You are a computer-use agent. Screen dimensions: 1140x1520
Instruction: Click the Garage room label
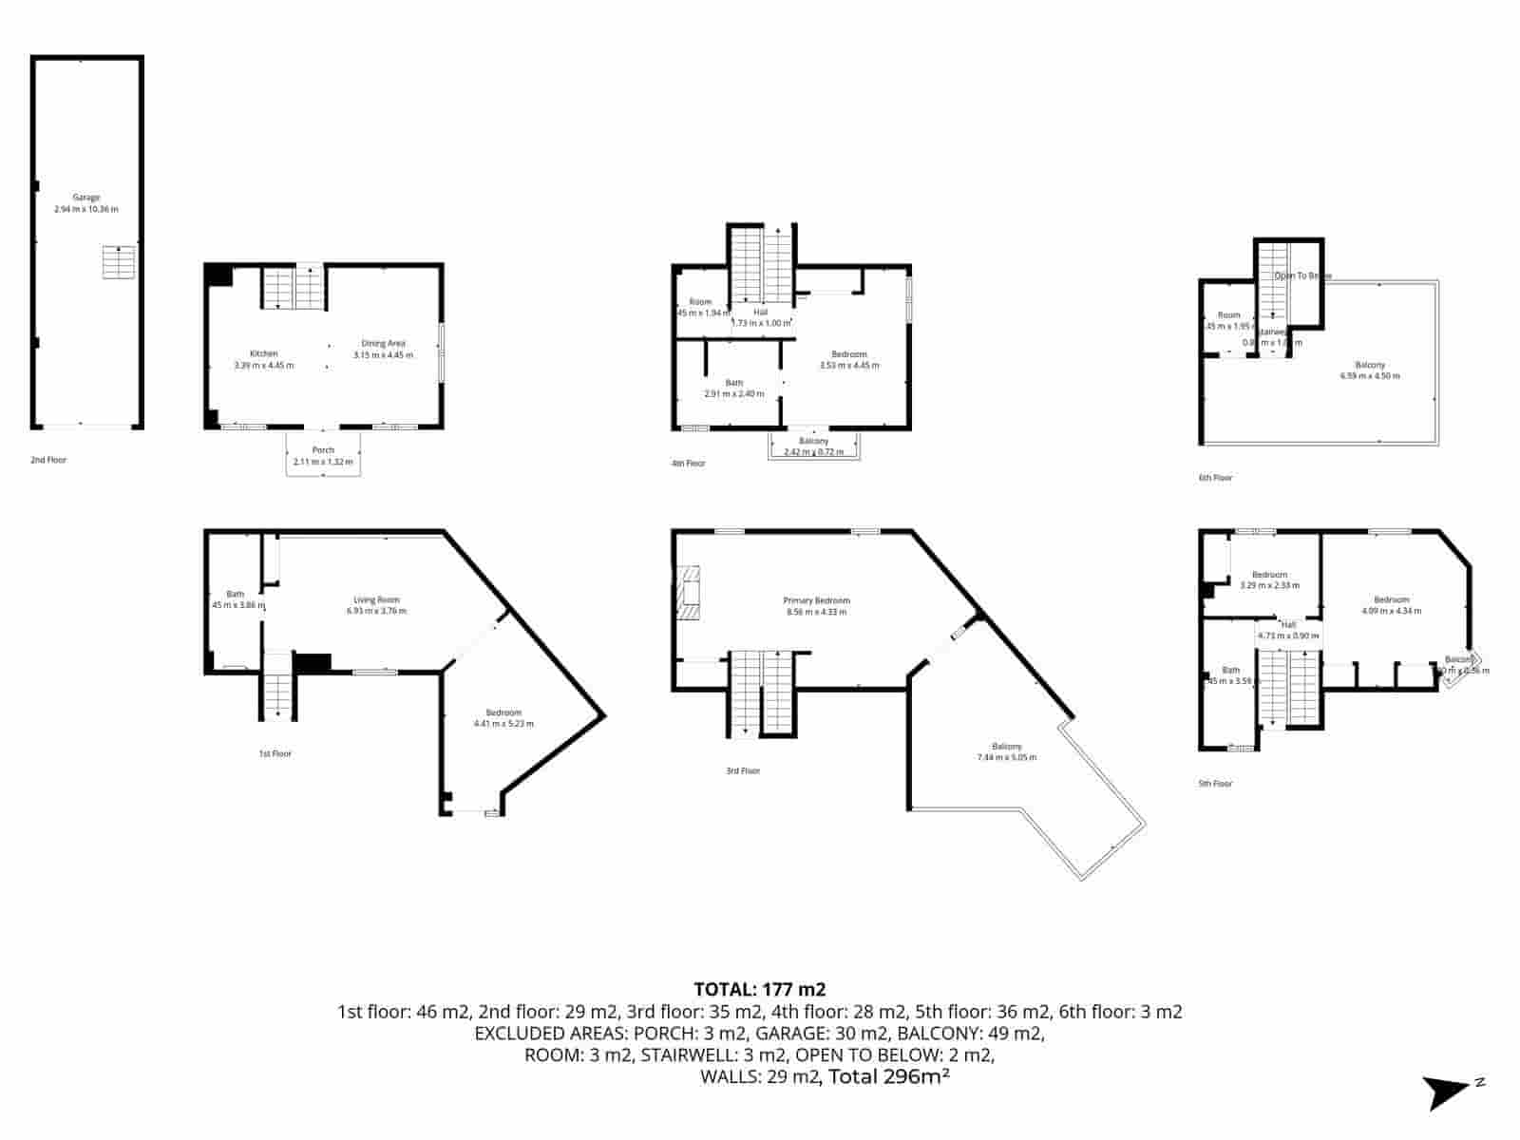[86, 203]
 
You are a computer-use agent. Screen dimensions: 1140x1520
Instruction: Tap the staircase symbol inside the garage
[119, 262]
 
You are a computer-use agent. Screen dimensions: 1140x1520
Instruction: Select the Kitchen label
[264, 359]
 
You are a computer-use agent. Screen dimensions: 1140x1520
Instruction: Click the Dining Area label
[383, 349]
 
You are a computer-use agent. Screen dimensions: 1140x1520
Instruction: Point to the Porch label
[323, 456]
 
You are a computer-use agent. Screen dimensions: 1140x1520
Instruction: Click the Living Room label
[376, 605]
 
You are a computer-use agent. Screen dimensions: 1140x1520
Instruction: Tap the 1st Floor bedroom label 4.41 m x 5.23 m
[503, 718]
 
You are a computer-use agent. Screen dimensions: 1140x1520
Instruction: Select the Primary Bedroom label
[816, 606]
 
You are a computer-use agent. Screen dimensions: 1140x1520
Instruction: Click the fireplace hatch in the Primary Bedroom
[688, 593]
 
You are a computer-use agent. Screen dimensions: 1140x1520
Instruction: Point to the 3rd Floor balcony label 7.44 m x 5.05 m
[1006, 751]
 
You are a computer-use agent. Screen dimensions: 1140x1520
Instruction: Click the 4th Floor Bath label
[734, 388]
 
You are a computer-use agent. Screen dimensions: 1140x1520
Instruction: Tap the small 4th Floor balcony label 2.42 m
[814, 446]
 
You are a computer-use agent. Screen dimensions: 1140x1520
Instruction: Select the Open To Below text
[1303, 275]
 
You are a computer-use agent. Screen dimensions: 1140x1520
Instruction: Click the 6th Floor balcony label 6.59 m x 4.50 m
[1369, 370]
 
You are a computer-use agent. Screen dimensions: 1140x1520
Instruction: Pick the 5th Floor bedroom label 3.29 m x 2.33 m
[1269, 579]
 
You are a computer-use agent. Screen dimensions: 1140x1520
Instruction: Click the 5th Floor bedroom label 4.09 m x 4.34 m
[1391, 605]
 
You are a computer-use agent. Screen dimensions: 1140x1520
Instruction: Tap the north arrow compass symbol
[1450, 1091]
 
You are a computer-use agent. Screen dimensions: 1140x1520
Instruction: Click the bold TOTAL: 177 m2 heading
[759, 989]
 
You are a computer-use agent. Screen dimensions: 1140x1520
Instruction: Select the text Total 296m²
[888, 1076]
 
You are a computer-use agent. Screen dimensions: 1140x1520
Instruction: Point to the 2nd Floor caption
[48, 460]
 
